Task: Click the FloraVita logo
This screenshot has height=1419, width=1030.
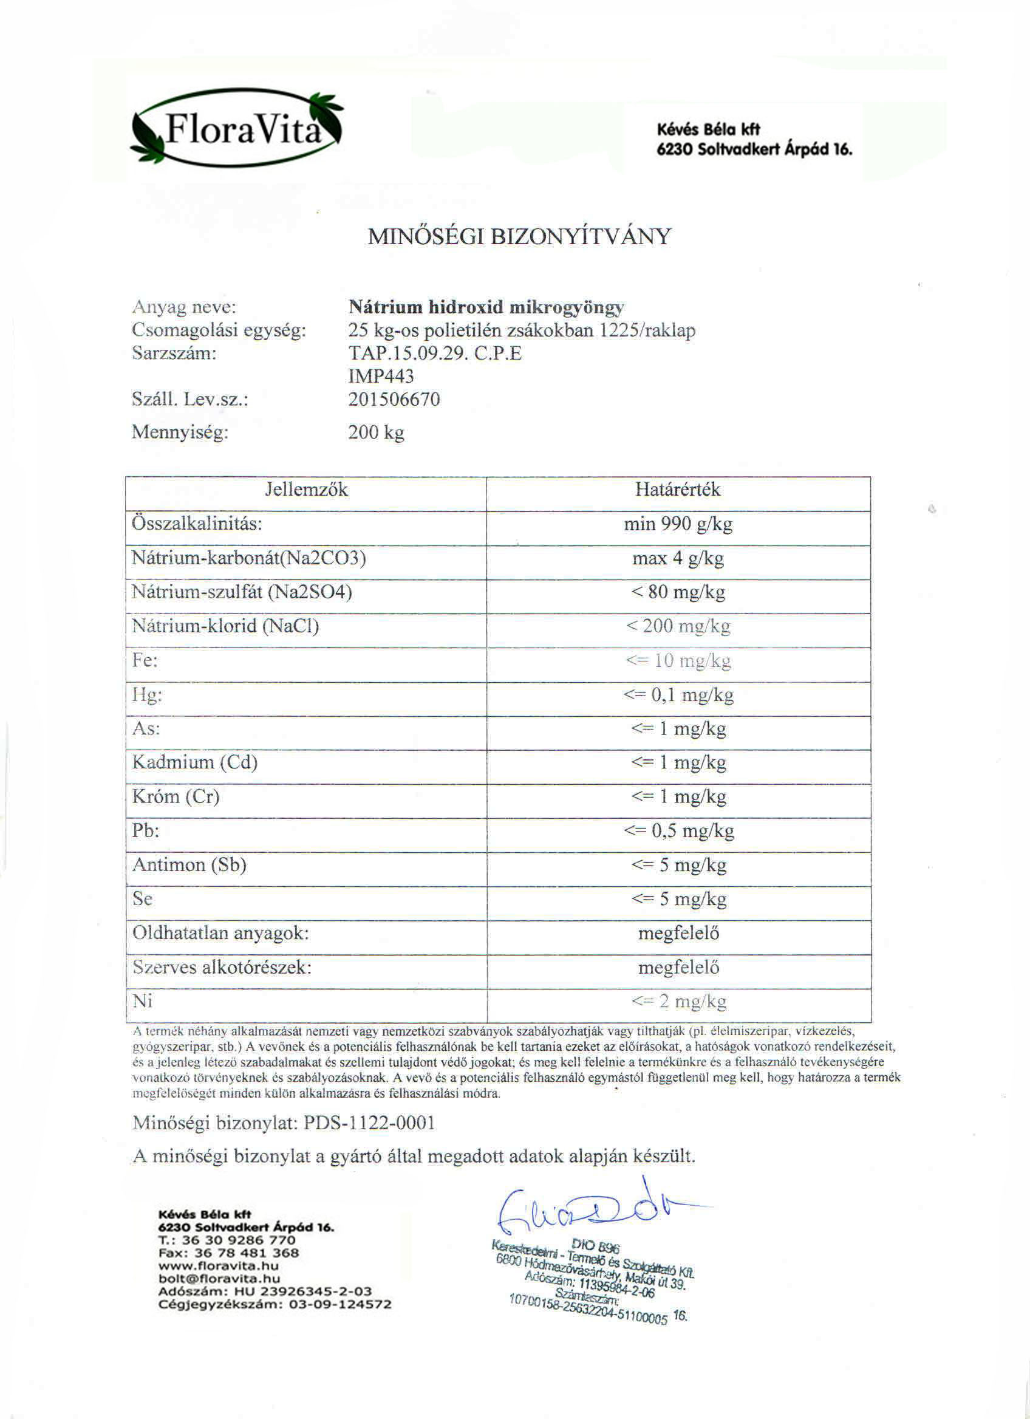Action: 237,128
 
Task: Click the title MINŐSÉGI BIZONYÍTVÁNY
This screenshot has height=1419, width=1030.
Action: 519,236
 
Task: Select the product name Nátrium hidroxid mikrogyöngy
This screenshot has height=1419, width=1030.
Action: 486,307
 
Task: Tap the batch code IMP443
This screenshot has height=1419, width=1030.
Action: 381,376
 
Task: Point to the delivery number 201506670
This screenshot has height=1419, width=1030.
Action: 394,399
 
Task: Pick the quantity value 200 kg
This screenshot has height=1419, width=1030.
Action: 376,433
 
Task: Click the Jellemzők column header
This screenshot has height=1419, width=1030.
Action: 306,489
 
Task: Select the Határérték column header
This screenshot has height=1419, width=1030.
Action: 678,489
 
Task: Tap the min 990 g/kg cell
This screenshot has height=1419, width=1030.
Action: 678,524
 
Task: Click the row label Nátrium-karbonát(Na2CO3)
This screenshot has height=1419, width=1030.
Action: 249,558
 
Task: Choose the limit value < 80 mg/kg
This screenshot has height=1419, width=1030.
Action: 678,592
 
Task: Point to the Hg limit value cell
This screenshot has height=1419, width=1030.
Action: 678,694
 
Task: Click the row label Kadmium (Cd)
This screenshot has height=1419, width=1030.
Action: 195,762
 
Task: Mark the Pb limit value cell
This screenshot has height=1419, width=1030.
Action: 678,831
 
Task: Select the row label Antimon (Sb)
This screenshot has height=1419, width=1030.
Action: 189,864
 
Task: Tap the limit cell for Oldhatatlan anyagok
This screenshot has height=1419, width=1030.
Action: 678,934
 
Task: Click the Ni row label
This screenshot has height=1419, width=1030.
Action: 143,1001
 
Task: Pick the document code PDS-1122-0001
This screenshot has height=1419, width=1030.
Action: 369,1123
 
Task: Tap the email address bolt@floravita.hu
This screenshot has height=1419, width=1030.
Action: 219,1279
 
